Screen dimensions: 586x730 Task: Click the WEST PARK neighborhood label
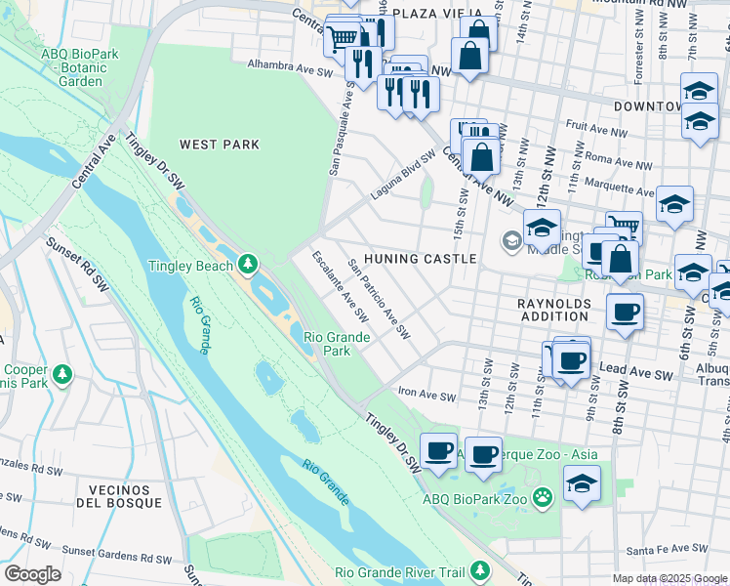219,145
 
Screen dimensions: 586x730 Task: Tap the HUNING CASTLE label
420,259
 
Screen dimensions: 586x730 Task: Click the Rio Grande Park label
337,344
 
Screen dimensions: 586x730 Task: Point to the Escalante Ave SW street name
339,286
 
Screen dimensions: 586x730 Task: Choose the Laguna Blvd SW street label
402,176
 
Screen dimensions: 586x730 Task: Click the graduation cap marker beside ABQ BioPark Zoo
582,483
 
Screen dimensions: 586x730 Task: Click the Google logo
31,574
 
